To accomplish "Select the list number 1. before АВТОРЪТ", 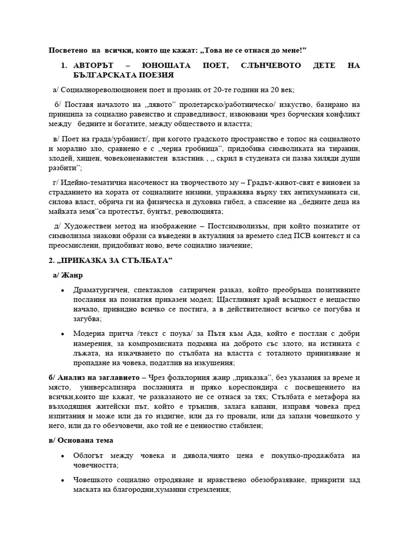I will point(64,65).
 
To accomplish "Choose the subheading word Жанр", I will point(72,275).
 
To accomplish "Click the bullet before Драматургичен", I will point(63,290).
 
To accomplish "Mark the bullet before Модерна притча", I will point(63,334).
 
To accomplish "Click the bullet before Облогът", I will point(63,456).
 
